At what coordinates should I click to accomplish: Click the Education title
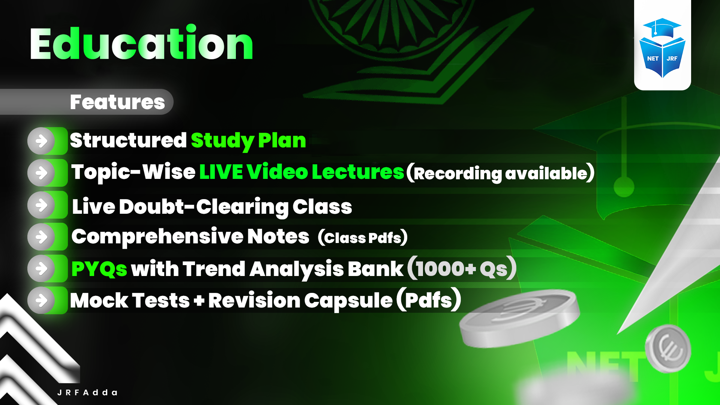point(141,44)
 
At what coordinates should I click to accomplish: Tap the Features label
point(117,102)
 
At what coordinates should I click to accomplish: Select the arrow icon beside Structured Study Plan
point(42,141)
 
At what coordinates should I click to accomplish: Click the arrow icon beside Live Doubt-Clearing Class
point(42,205)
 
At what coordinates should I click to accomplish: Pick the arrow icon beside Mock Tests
point(42,300)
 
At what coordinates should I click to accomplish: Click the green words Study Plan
point(248,141)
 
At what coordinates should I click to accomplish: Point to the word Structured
point(128,140)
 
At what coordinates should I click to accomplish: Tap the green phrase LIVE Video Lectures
point(301,172)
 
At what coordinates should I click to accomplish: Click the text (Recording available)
point(500,173)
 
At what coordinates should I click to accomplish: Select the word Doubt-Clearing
point(204,207)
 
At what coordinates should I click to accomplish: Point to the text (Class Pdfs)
point(362,237)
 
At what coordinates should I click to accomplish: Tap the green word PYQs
point(99,269)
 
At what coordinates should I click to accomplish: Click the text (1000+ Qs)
point(462,268)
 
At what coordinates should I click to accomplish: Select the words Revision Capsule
point(300,300)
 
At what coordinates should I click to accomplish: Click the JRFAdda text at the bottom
point(87,393)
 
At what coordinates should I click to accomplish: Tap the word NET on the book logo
point(652,58)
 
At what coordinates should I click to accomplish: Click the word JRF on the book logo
point(672,58)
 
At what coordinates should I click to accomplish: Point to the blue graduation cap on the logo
point(662,27)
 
